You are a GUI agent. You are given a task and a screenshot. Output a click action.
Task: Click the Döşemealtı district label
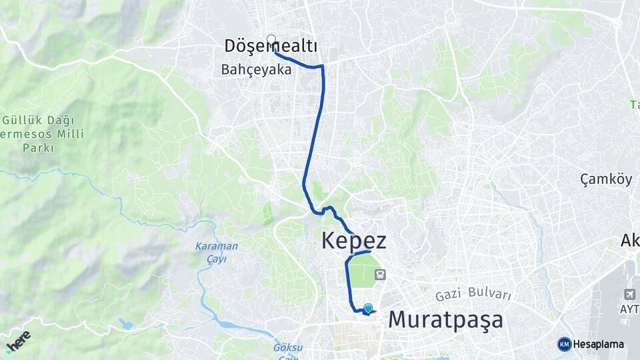pos(270,46)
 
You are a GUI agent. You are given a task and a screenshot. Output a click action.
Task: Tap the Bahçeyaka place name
pos(257,69)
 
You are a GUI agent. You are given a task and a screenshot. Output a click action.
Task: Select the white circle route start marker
pos(271,39)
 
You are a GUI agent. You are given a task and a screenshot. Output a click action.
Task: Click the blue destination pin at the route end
pos(367,308)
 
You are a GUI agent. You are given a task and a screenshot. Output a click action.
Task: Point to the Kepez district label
pos(353,241)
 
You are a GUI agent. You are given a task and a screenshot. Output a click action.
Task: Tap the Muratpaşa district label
pos(445,319)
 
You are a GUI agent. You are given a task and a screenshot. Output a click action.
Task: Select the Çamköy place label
pos(605,179)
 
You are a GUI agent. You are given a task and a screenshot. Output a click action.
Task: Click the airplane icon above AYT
pos(630,294)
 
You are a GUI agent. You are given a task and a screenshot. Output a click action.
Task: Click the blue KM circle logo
pos(564,344)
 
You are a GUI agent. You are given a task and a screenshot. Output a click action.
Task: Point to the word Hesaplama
pos(599,344)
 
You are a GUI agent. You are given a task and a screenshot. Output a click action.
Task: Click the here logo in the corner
pos(18,341)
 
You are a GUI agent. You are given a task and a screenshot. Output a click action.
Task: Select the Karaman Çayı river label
pos(216,251)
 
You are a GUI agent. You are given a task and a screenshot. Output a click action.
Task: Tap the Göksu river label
pos(287,347)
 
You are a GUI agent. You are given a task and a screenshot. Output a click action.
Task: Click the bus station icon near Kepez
pos(380,273)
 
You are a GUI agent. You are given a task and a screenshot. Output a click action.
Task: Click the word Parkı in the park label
pos(39,147)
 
